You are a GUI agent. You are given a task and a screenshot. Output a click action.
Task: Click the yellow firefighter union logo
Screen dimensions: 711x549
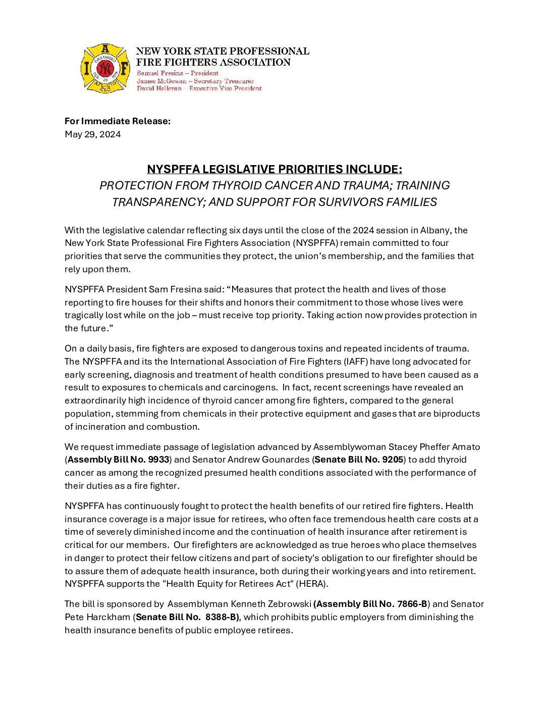[x=105, y=68]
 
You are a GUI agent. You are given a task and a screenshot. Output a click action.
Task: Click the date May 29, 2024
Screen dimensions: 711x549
[x=93, y=134]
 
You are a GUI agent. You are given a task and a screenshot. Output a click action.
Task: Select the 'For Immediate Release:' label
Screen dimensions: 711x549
[x=118, y=121]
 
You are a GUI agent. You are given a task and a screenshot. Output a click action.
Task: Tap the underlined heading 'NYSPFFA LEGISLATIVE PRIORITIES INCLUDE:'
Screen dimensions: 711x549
[x=274, y=169]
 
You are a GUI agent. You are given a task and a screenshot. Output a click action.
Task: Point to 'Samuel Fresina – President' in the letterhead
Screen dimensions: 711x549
[x=178, y=73]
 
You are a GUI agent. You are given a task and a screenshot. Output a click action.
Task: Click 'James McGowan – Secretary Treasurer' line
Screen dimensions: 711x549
[x=195, y=81]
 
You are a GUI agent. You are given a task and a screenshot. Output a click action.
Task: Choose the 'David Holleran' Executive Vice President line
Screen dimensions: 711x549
[x=199, y=88]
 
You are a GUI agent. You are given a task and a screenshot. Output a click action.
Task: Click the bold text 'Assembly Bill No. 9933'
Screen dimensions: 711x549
[x=118, y=460]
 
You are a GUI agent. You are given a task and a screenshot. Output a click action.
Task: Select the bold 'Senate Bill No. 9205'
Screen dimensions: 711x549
[x=359, y=460]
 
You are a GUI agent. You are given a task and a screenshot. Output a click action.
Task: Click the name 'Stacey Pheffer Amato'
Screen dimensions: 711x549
[x=434, y=447]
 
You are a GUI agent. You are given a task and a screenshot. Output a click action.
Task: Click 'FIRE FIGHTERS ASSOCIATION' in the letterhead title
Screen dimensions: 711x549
[x=213, y=63]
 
